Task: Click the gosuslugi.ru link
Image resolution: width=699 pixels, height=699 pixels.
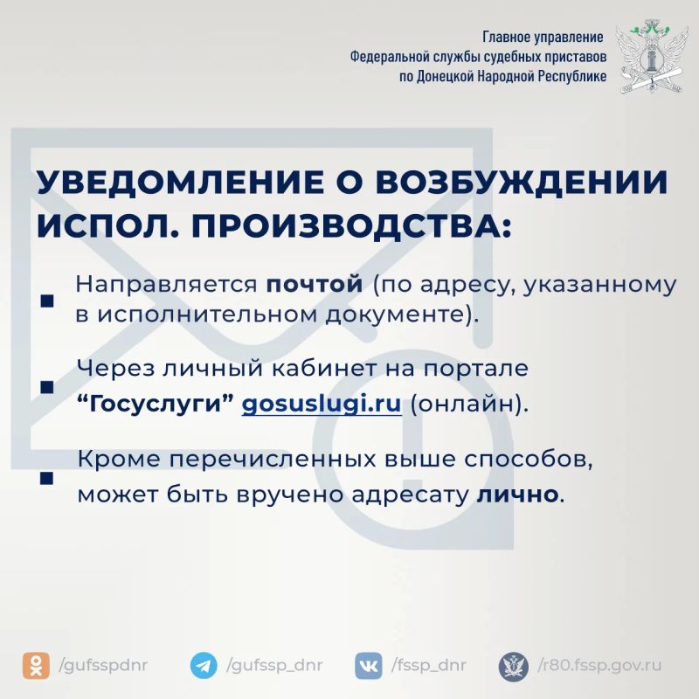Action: click(x=322, y=404)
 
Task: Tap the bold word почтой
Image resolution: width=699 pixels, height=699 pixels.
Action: click(x=315, y=284)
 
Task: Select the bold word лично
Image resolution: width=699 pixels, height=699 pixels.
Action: click(x=517, y=494)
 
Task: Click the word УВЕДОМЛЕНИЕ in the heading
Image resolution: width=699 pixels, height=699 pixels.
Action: click(x=181, y=182)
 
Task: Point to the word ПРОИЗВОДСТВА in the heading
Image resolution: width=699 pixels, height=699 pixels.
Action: click(x=347, y=226)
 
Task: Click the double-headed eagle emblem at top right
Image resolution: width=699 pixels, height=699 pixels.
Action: click(x=649, y=57)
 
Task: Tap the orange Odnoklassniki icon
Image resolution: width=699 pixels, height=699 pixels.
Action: click(x=36, y=666)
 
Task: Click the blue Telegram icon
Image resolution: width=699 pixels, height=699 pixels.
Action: click(x=204, y=666)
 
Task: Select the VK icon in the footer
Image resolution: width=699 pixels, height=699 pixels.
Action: click(x=369, y=666)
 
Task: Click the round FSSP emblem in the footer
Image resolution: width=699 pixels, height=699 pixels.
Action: click(x=514, y=667)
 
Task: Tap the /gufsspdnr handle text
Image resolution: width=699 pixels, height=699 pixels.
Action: click(x=103, y=666)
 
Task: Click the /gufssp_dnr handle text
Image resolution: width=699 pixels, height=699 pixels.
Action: click(x=274, y=666)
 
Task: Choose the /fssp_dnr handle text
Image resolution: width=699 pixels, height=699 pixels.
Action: click(x=429, y=666)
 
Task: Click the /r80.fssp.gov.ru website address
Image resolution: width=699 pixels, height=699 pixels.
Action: click(x=599, y=666)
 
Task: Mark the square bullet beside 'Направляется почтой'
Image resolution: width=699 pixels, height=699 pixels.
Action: click(x=47, y=301)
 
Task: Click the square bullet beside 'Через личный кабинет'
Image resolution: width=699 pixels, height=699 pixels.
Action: click(x=47, y=387)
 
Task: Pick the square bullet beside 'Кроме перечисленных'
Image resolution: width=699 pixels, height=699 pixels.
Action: click(x=47, y=478)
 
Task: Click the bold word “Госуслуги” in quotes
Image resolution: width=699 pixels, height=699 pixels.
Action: click(x=156, y=405)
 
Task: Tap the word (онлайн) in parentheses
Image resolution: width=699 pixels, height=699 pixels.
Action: click(x=469, y=405)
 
